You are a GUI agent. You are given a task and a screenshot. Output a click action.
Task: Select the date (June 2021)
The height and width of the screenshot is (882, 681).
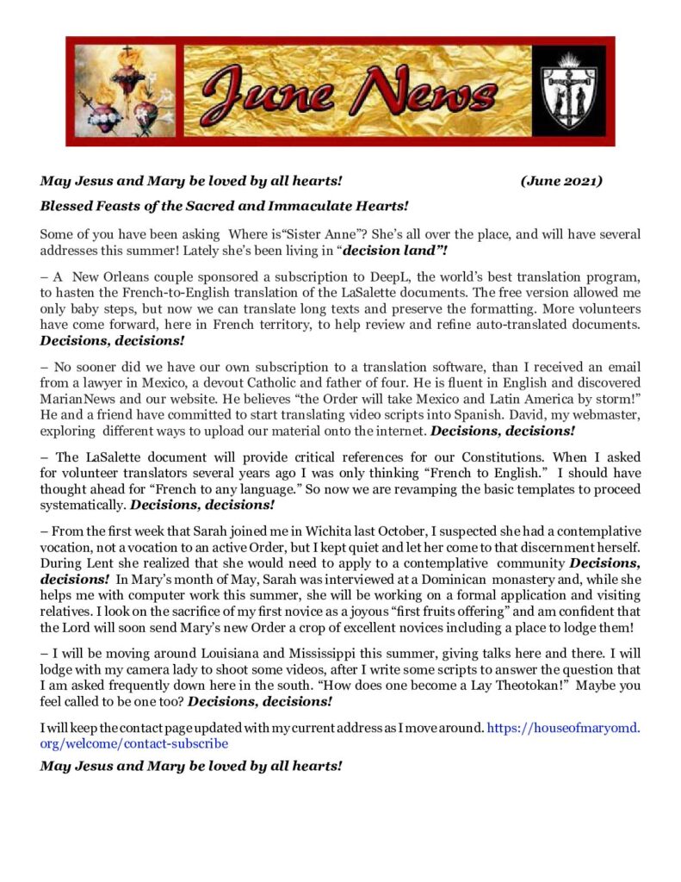[x=561, y=182]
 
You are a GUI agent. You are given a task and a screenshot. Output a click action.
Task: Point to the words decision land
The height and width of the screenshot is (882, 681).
[x=393, y=251]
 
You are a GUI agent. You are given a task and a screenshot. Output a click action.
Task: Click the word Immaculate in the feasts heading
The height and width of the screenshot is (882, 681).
[x=294, y=206]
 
